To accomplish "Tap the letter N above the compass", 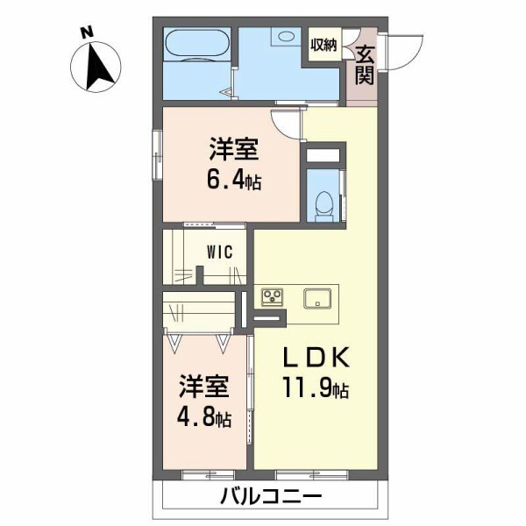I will (87, 32).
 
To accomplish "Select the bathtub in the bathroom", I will (197, 44).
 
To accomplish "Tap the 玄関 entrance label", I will (365, 65).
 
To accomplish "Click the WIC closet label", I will (219, 252).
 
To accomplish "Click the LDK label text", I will (316, 358).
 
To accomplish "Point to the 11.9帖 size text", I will (316, 387).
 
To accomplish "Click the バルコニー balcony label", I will (271, 497).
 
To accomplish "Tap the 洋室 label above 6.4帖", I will (233, 149).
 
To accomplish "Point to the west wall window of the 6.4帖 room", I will (157, 155).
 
